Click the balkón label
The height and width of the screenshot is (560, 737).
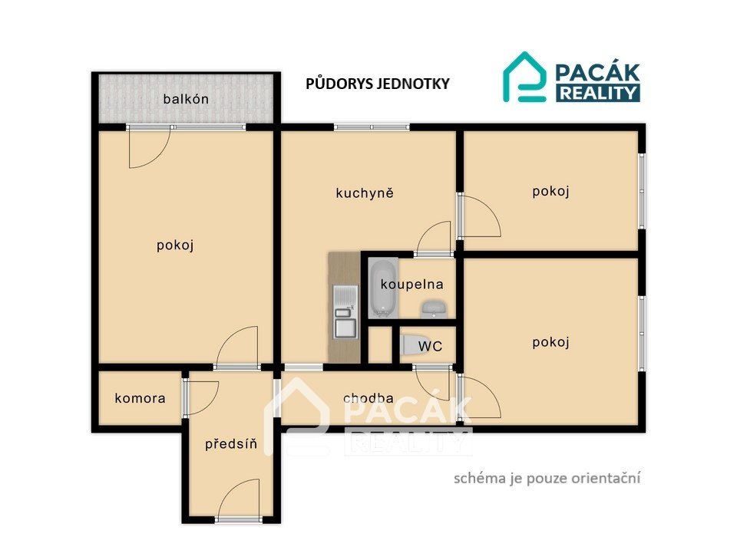coord(186,99)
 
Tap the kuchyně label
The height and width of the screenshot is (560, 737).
coord(365,193)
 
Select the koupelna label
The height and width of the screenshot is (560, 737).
coord(411,285)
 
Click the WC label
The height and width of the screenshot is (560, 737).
coord(430,346)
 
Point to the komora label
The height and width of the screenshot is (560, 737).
coord(140,398)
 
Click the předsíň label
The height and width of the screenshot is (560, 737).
coord(231,444)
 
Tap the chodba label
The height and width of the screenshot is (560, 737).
coord(368,398)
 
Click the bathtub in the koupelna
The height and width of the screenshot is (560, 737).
coord(382,288)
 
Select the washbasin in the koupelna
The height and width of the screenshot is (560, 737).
coord(434,308)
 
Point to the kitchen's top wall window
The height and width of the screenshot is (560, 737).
coord(372,127)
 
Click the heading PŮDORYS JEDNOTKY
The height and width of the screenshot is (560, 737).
coord(378,84)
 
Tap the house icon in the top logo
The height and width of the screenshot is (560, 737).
coord(524,77)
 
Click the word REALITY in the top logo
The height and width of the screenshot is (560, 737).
coord(598,93)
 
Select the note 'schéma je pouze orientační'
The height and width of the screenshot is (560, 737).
coord(547,478)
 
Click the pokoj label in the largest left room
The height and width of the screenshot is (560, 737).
coord(175,245)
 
